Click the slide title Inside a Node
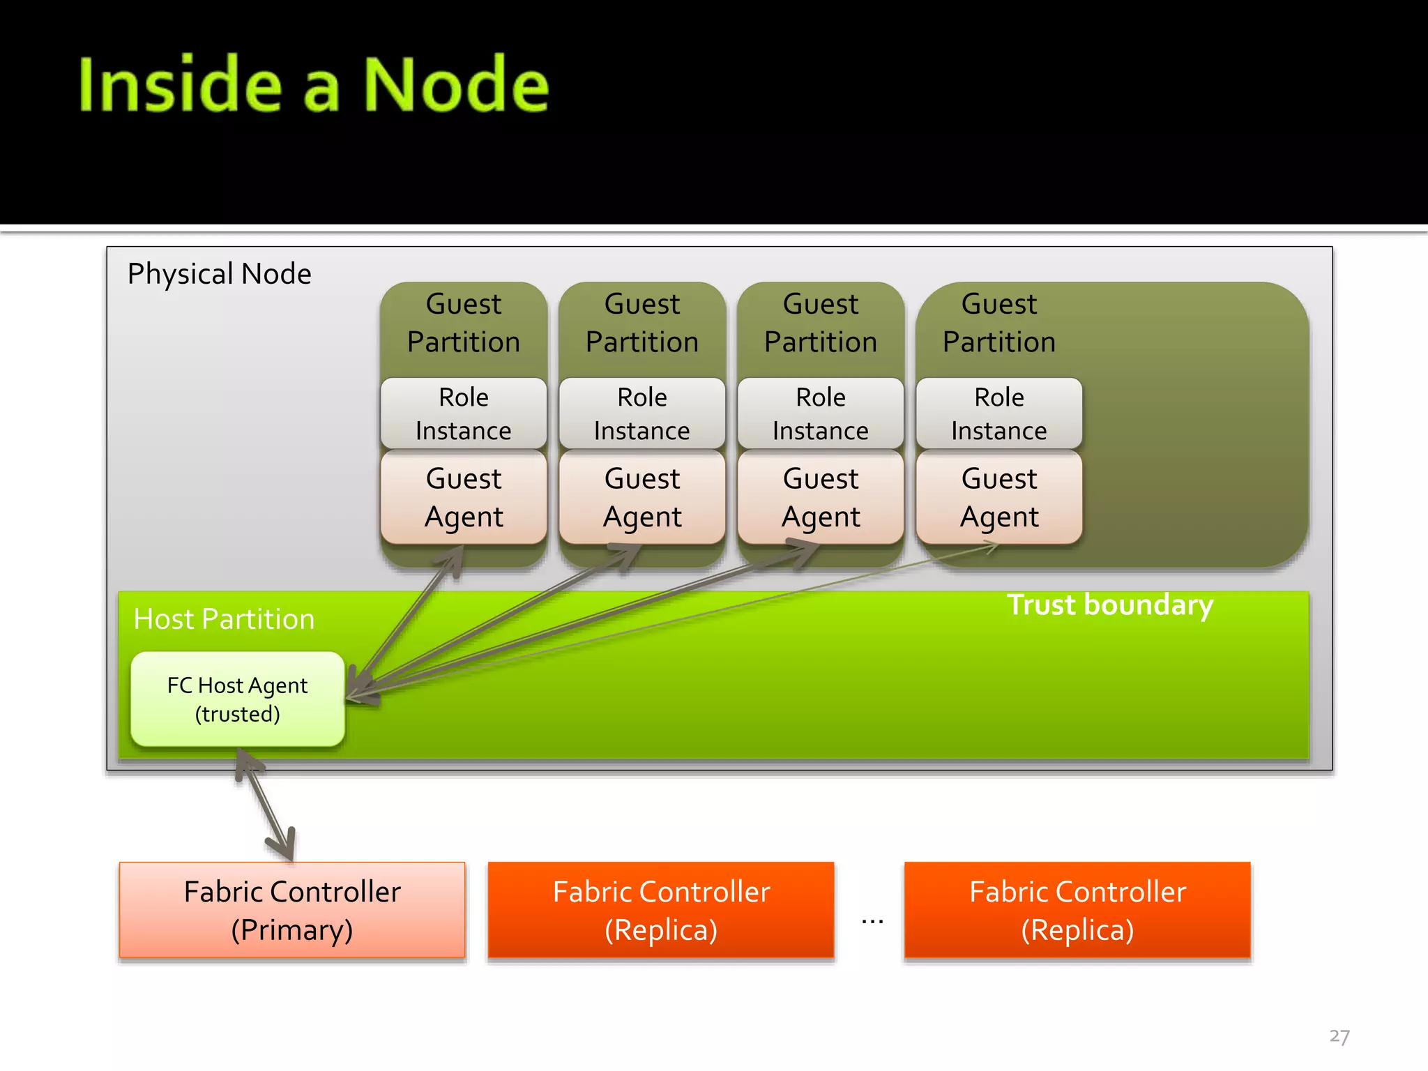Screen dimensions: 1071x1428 tap(314, 85)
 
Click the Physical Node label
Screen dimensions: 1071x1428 tap(219, 274)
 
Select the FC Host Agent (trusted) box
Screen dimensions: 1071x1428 tap(238, 699)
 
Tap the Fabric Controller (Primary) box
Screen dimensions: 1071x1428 tap(292, 910)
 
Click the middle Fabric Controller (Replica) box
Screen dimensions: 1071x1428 tap(661, 910)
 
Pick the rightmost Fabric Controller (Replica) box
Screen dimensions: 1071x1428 tap(1077, 910)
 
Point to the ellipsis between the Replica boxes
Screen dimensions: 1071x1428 tap(872, 921)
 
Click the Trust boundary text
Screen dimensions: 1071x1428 tap(1110, 605)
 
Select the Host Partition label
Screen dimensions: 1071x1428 tap(224, 619)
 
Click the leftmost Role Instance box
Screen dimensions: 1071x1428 tap(464, 413)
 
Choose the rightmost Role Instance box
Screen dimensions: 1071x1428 tap(999, 413)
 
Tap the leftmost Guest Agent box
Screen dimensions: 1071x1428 tap(464, 497)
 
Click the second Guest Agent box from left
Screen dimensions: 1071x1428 tap(642, 497)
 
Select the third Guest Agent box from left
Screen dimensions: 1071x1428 tap(821, 497)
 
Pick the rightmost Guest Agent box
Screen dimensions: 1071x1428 tap(999, 497)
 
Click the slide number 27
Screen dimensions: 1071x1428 tap(1339, 1036)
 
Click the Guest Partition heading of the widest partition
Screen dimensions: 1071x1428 tap(999, 323)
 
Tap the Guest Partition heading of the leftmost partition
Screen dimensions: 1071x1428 tap(464, 323)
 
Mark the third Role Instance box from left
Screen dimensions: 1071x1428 tap(821, 413)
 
